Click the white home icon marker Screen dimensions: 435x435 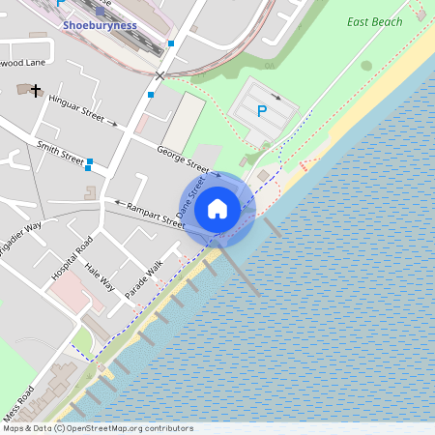217,208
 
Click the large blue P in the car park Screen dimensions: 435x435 261,111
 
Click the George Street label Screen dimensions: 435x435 183,158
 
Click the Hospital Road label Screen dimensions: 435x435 72,257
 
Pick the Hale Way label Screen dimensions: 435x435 100,278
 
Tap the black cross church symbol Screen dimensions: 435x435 36,91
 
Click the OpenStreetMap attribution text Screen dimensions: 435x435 98,428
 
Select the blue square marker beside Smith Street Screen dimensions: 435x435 89,162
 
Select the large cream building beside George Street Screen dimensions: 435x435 183,123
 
